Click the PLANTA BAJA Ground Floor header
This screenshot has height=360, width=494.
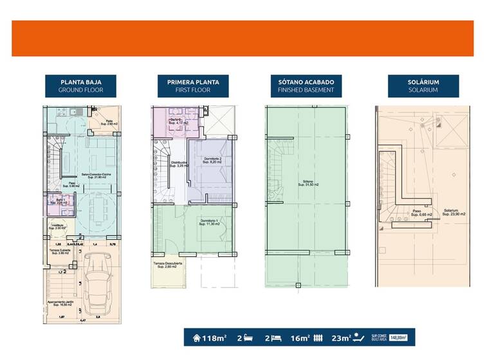(80, 86)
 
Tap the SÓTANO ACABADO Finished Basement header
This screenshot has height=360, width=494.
(306, 86)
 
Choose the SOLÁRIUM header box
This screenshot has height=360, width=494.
(423, 86)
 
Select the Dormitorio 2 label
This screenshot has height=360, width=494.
(212, 160)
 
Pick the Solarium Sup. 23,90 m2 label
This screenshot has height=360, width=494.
(453, 212)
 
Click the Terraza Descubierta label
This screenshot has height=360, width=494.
(167, 264)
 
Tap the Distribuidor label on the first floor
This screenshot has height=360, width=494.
(178, 164)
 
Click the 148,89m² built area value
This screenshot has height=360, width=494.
(399, 337)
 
